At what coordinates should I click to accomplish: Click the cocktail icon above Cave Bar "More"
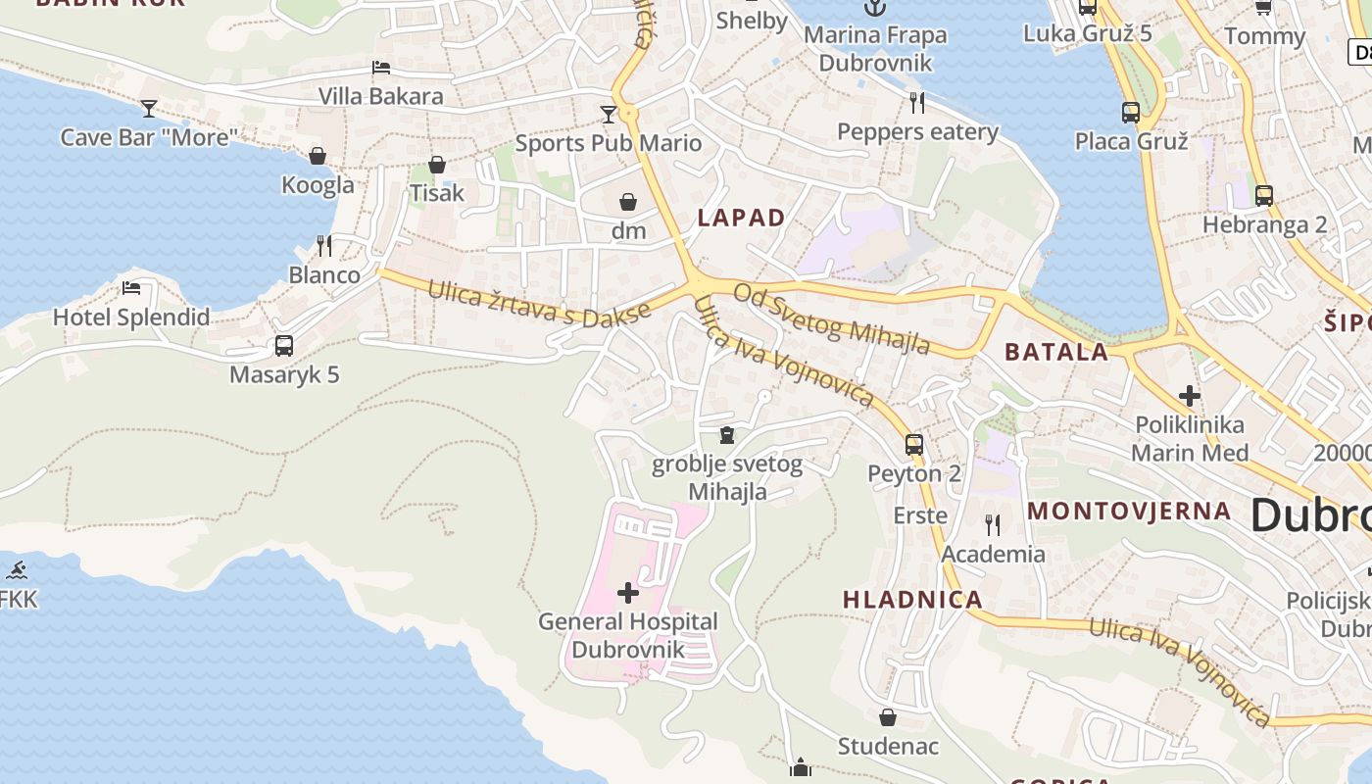149,108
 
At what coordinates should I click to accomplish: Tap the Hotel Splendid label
131,317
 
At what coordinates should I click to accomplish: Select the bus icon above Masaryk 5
284,345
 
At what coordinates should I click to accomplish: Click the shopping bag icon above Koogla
318,156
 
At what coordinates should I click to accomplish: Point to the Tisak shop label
437,193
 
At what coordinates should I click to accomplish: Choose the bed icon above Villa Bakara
381,68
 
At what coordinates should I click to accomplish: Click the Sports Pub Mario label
609,143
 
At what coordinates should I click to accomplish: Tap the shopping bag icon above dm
628,202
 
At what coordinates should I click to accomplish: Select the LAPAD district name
741,218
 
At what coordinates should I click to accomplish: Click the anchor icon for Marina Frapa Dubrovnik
874,8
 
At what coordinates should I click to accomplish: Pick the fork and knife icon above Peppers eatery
917,102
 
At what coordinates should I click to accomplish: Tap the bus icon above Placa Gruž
1131,112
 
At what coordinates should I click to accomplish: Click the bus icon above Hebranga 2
1264,195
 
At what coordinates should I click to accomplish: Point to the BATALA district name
1056,352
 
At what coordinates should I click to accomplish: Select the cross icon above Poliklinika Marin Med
1190,396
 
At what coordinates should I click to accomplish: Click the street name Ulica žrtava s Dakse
539,304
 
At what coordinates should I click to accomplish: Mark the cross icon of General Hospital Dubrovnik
628,593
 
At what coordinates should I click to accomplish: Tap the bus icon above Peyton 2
914,444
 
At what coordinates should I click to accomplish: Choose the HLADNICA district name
912,600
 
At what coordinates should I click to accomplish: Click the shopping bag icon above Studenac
888,717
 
